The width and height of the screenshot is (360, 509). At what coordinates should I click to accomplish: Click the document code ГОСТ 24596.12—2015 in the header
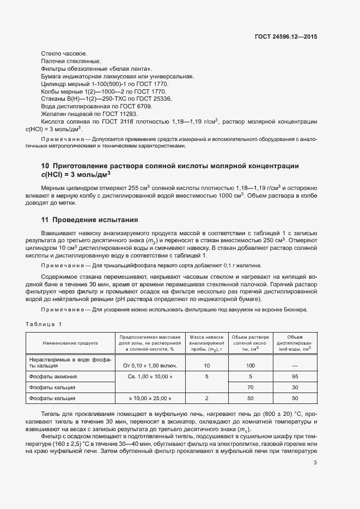(x=286, y=37)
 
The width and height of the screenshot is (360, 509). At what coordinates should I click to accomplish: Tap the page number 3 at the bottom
(x=315, y=463)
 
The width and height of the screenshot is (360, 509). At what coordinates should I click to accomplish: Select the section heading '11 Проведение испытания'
(x=89, y=220)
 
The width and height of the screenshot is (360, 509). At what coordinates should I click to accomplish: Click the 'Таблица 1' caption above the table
(x=44, y=324)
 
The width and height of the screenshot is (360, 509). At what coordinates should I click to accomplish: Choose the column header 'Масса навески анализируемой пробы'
(x=206, y=344)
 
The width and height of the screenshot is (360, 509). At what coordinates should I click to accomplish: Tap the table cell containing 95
(x=295, y=376)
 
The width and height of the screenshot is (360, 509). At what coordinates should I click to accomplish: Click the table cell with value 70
(x=251, y=388)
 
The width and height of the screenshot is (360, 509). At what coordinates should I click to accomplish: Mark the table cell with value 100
(x=251, y=365)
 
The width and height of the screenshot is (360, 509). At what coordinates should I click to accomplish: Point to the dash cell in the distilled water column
(x=295, y=365)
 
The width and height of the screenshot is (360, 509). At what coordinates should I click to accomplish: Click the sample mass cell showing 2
(x=206, y=399)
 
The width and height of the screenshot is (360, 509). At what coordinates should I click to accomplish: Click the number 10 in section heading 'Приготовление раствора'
(x=45, y=165)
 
